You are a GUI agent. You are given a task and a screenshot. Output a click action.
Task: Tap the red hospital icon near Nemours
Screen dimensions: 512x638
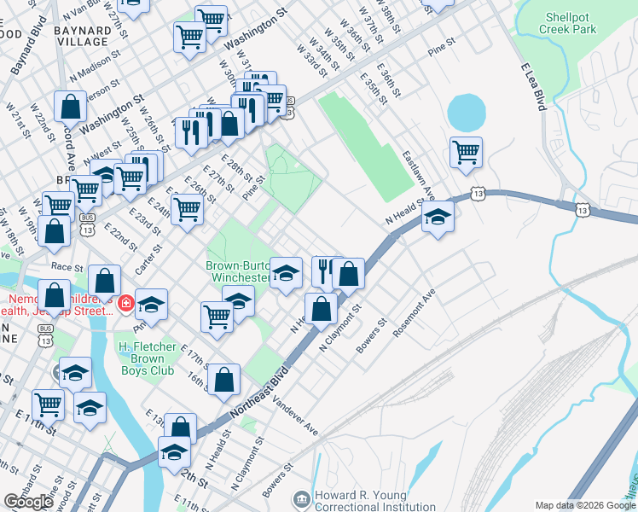point(125,303)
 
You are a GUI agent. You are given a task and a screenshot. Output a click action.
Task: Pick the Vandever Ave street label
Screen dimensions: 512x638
point(296,416)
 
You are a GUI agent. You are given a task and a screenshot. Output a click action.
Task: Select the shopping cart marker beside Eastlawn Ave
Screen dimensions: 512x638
point(466,153)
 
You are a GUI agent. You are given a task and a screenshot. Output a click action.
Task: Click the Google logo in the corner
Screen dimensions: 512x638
point(29,501)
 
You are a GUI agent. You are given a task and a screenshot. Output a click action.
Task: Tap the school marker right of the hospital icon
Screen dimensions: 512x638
point(151,305)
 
